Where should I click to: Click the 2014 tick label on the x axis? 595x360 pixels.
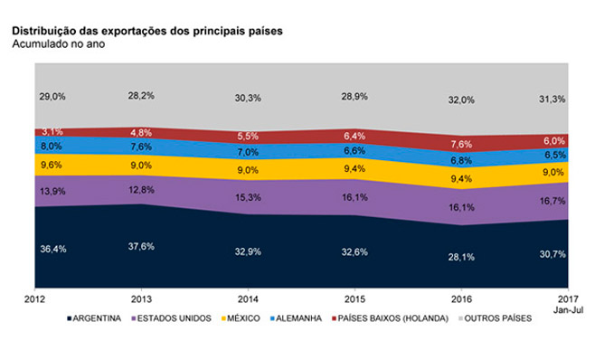(x=248, y=299)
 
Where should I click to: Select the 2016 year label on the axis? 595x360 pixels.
(x=461, y=299)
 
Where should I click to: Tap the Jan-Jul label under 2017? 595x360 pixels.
(x=568, y=310)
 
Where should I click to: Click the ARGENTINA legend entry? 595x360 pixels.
(x=94, y=318)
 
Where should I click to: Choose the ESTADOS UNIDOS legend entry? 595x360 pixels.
(x=171, y=318)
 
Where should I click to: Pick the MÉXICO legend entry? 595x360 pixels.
(x=241, y=318)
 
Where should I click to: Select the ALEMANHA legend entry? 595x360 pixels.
(x=296, y=318)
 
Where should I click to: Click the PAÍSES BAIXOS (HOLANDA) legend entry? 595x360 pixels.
(x=390, y=318)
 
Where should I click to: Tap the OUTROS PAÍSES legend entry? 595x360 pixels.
(x=496, y=318)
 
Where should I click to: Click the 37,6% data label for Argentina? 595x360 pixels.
(x=141, y=246)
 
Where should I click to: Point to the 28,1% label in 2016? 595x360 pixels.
(x=461, y=257)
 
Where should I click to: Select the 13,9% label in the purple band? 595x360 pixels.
(x=52, y=191)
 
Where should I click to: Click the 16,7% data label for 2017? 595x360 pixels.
(x=552, y=201)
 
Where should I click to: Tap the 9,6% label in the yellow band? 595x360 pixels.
(x=52, y=165)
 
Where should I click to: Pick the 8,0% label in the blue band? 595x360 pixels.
(x=52, y=147)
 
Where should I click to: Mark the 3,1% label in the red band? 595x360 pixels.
(x=52, y=132)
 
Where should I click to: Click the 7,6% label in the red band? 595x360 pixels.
(x=461, y=145)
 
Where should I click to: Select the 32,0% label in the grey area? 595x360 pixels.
(x=461, y=99)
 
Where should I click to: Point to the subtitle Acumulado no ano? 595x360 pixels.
(x=59, y=44)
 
